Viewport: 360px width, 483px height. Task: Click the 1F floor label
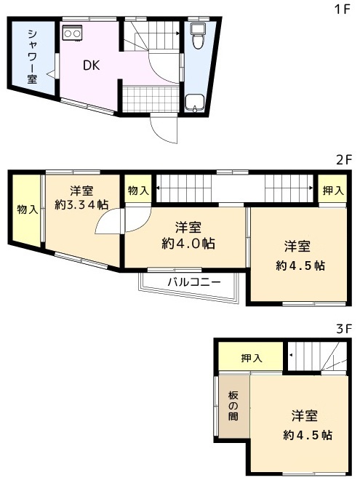[343, 9]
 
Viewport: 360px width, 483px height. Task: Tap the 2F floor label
[344, 160]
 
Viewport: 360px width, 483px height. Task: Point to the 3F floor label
[344, 329]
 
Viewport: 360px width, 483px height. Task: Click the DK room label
[92, 65]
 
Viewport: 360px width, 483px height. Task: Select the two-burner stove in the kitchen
[73, 33]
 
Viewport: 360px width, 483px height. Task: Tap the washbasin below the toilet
[194, 103]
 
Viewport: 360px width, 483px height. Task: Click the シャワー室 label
[32, 56]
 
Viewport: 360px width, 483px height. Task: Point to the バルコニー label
[194, 282]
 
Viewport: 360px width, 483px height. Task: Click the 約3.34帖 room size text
[81, 204]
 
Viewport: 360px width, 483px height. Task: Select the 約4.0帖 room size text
[188, 244]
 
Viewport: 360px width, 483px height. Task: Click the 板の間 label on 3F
[233, 406]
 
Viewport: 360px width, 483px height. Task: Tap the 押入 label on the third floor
[252, 358]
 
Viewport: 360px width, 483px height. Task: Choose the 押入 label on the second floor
[333, 191]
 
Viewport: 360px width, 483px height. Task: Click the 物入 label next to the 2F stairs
[138, 191]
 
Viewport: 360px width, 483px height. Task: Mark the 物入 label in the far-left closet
[28, 209]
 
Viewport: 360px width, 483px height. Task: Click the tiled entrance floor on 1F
[151, 99]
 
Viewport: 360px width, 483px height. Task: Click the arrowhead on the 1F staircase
[177, 33]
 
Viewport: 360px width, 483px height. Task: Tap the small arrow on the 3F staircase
[291, 355]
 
